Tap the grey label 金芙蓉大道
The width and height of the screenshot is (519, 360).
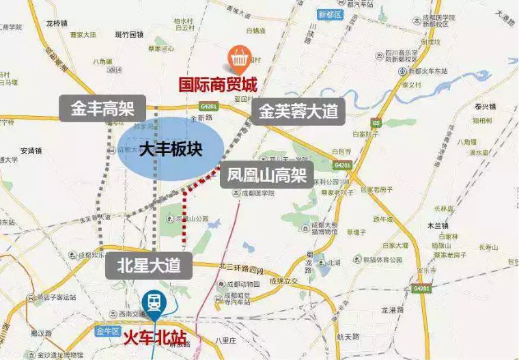(298, 111)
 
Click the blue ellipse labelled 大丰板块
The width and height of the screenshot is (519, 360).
(171, 149)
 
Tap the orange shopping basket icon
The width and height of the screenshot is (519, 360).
(238, 60)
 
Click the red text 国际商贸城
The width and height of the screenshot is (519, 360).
(218, 85)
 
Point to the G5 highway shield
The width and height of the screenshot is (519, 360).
(376, 122)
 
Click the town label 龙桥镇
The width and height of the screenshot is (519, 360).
(57, 23)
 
